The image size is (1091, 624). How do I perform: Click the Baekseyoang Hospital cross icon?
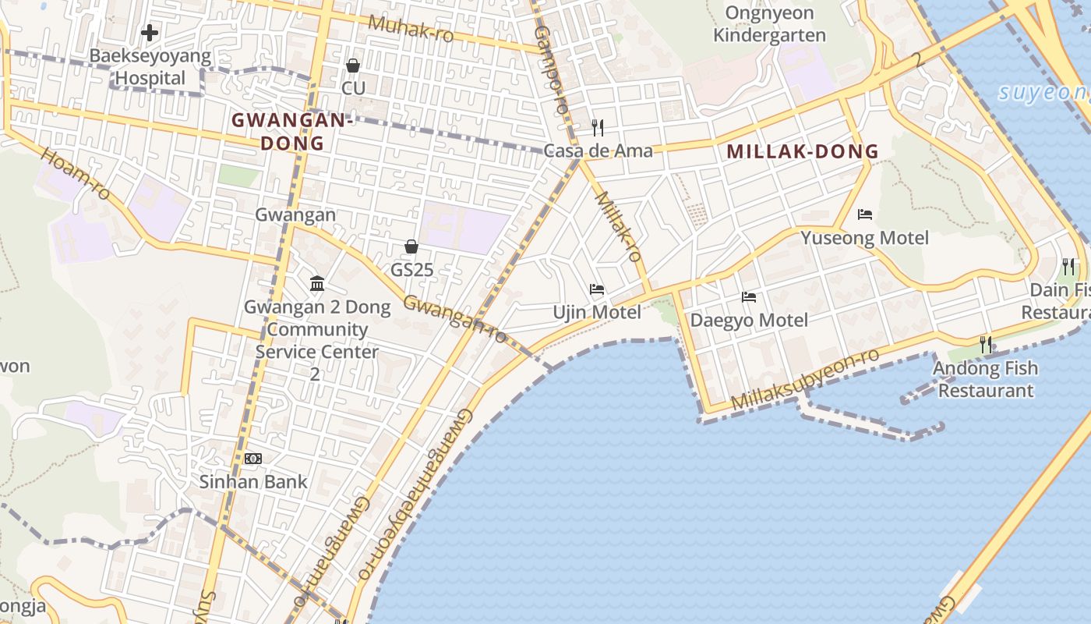tap(149, 33)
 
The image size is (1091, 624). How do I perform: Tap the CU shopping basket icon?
tap(353, 65)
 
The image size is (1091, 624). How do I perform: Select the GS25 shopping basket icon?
tap(411, 246)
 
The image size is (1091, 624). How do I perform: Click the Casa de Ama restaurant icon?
tap(598, 127)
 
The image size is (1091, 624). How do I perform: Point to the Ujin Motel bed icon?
tap(597, 289)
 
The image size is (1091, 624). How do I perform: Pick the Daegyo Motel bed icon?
tap(749, 297)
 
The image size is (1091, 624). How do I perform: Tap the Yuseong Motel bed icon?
tap(864, 214)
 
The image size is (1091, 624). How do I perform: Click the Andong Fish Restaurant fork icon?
tap(986, 344)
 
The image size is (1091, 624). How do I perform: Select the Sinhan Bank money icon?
tap(253, 459)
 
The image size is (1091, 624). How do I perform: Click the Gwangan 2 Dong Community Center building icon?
tap(317, 283)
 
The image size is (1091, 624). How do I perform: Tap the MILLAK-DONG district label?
tap(803, 152)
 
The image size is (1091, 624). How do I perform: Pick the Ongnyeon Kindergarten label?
tap(769, 24)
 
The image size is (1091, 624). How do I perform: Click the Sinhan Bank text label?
tap(253, 481)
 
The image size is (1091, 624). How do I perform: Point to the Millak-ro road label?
tap(618, 226)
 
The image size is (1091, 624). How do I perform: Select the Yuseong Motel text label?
tap(864, 238)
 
